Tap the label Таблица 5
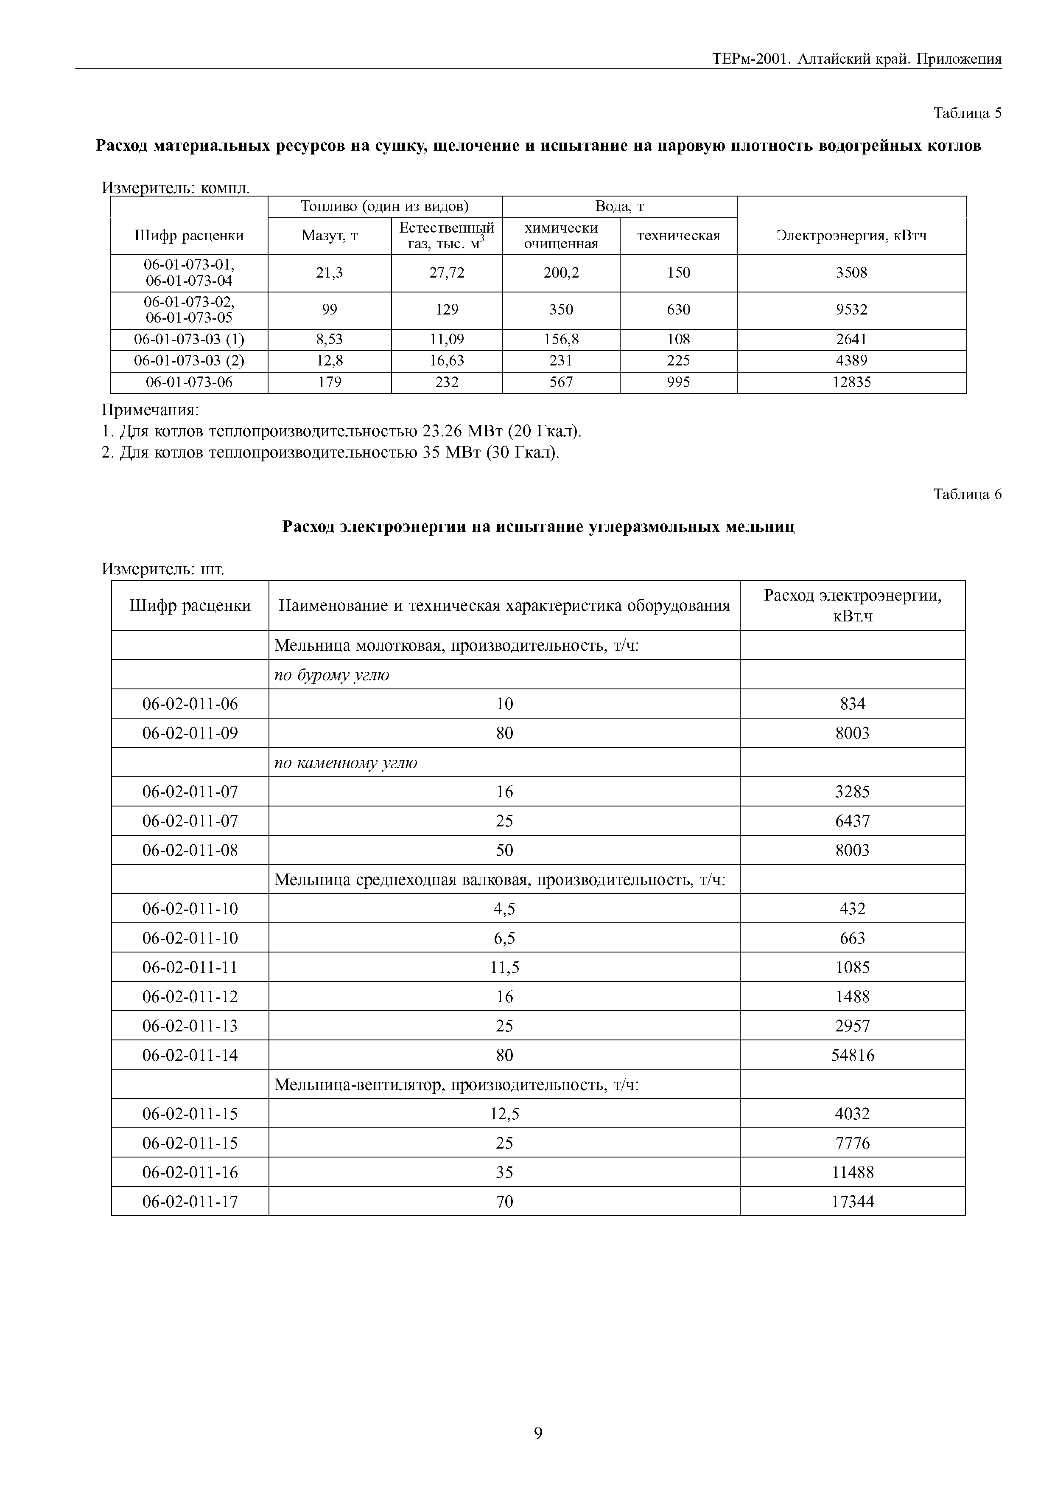(967, 113)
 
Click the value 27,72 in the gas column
(447, 273)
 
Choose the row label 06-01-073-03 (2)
(189, 360)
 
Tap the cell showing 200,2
(561, 273)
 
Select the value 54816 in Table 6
(852, 1056)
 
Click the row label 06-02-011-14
(190, 1056)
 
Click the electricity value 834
(852, 704)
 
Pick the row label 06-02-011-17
(190, 1202)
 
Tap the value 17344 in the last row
(852, 1202)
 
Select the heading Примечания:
(151, 410)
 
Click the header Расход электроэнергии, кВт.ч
(852, 605)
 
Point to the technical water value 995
(678, 382)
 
